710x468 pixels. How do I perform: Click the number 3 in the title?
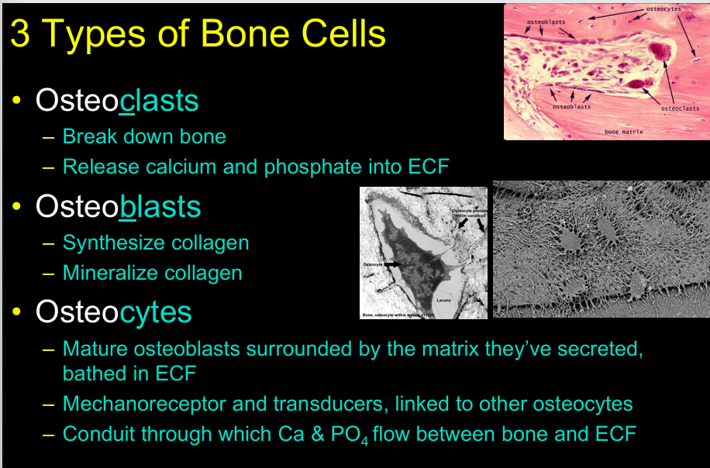[x=20, y=34]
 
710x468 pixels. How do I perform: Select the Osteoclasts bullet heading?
[x=117, y=102]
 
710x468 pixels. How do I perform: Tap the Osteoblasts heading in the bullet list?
[x=118, y=207]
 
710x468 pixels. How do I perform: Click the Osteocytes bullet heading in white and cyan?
[x=114, y=311]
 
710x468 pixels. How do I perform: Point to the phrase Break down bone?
[x=144, y=137]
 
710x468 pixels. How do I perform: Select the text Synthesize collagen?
[x=156, y=243]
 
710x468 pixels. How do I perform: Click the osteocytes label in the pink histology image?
[x=663, y=8]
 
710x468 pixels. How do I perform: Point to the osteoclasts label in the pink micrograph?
[x=680, y=108]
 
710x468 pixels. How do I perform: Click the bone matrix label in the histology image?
[x=624, y=132]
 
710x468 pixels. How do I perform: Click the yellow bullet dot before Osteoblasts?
[x=18, y=207]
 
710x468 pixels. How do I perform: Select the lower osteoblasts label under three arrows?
[x=572, y=106]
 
